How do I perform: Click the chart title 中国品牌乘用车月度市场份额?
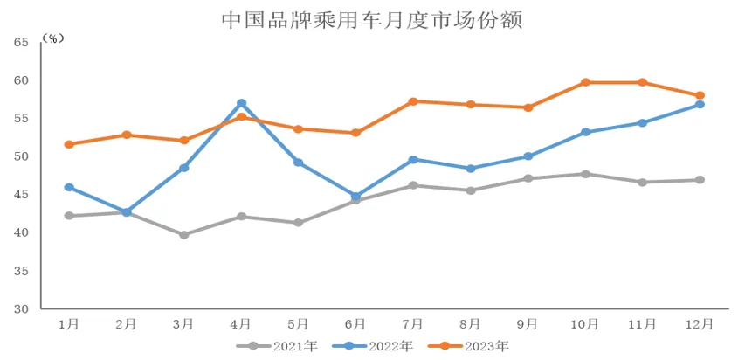372,19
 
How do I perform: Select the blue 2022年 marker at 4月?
242,103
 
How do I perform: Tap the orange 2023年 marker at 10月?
586,82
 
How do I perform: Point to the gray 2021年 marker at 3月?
184,235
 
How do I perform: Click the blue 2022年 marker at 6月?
356,197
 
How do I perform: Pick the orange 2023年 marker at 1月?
69,144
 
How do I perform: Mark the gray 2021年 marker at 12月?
700,180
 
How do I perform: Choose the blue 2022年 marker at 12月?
700,105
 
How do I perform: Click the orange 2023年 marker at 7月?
414,101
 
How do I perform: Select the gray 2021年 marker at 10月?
586,174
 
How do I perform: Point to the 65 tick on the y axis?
21,42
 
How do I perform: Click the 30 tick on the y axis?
21,309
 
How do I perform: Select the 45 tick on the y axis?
21,195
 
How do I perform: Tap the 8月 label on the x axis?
471,324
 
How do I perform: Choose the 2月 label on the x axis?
127,324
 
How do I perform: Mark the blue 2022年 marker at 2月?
127,212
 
